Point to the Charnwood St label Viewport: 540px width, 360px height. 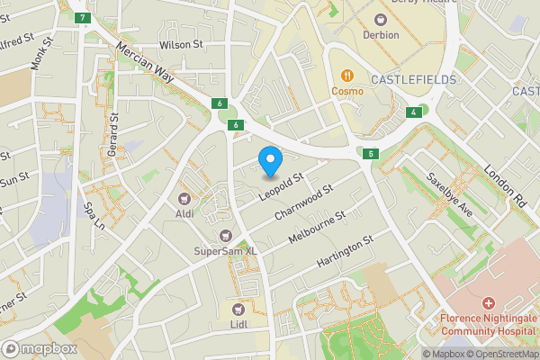point(304,202)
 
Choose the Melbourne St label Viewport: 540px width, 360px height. point(317,230)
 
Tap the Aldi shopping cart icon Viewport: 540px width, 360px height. point(185,197)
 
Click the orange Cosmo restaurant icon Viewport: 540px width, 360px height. point(346,75)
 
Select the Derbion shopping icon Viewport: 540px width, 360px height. point(381,18)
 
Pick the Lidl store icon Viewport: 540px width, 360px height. point(239,309)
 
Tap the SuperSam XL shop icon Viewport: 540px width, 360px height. point(214,235)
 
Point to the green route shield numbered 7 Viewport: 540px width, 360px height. point(83,18)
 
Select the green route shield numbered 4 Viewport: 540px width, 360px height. point(411,112)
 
